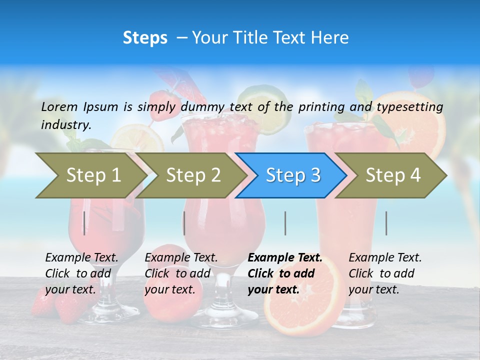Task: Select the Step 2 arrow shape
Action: [x=192, y=175]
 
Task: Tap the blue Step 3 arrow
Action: [x=292, y=175]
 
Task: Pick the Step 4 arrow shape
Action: [x=392, y=175]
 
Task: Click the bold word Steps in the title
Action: [x=145, y=38]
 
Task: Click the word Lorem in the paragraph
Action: [x=59, y=106]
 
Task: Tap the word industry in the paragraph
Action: [x=65, y=125]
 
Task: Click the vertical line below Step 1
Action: [x=84, y=223]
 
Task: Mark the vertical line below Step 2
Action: [x=184, y=223]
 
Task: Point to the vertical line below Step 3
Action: [x=285, y=223]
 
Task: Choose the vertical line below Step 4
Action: [x=386, y=223]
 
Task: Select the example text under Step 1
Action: [x=81, y=273]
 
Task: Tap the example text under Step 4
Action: [x=384, y=273]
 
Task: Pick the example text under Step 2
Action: [x=181, y=273]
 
